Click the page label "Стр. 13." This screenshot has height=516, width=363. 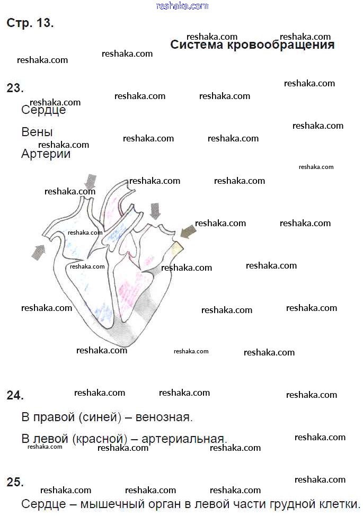pyautogui.click(x=30, y=23)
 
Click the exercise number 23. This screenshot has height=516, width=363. pyautogui.click(x=15, y=88)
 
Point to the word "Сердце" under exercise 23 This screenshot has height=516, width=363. pyautogui.click(x=43, y=110)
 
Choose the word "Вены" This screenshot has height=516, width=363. pyautogui.click(x=37, y=132)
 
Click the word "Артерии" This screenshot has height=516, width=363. pyautogui.click(x=46, y=154)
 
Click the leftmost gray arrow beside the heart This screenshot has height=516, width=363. pyautogui.click(x=38, y=252)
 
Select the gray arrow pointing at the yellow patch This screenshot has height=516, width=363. pyautogui.click(x=188, y=231)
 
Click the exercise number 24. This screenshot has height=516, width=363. pyautogui.click(x=15, y=395)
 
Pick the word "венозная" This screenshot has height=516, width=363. pyautogui.click(x=164, y=417)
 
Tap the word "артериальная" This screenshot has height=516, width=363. pyautogui.click(x=189, y=439)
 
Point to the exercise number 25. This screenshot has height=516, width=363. pyautogui.click(x=15, y=482)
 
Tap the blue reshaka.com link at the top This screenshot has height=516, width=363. pyautogui.click(x=182, y=6)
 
